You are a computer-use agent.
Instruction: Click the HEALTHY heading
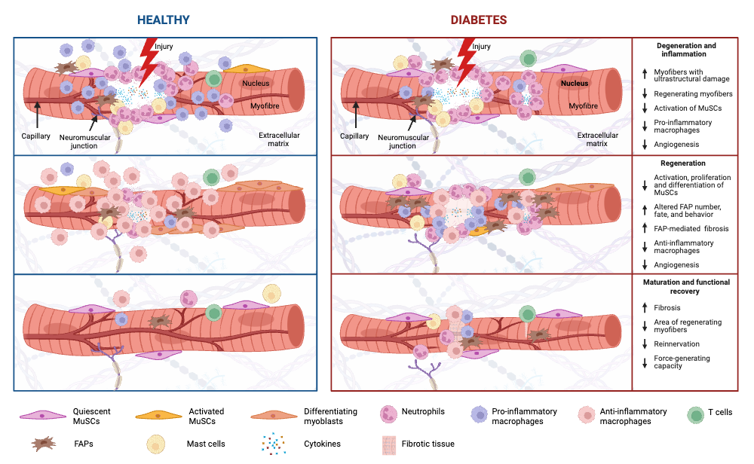[163, 20]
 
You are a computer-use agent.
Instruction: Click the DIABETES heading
[479, 20]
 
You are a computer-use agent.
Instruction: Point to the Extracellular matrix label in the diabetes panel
[598, 140]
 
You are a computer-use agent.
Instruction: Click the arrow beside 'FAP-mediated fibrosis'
[645, 227]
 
